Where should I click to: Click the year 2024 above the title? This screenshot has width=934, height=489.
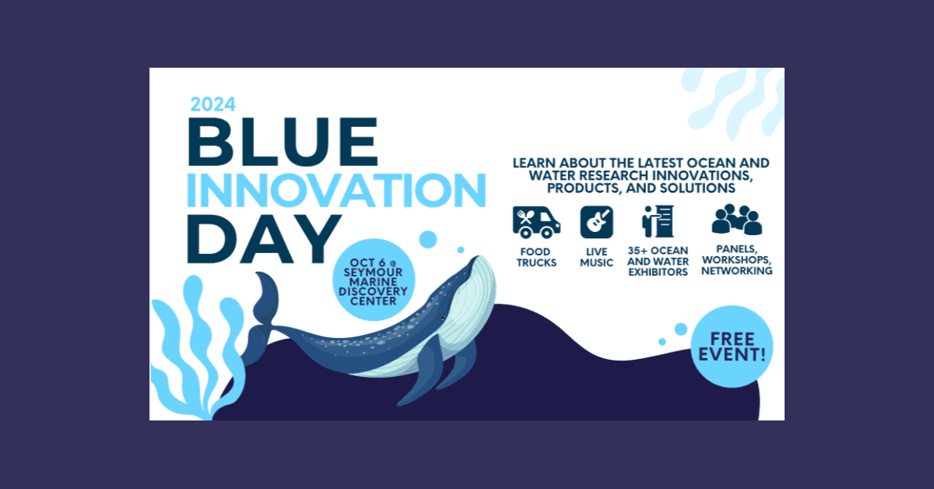[x=212, y=104]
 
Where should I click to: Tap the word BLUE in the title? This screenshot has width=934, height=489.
[x=283, y=142]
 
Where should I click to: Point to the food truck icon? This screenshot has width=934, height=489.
[x=536, y=222]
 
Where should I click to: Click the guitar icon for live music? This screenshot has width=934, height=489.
[x=596, y=222]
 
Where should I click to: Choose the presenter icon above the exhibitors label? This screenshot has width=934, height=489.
[x=657, y=222]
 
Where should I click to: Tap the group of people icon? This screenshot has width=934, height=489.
[x=736, y=220]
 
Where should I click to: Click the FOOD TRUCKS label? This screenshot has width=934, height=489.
[x=536, y=257]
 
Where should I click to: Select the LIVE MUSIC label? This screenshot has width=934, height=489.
[x=596, y=257]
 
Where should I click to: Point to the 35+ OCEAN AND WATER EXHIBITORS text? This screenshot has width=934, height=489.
[x=658, y=262]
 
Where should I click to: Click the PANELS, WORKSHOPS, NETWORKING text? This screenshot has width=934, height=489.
[x=736, y=261]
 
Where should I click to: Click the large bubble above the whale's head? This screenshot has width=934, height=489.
[x=428, y=240]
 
